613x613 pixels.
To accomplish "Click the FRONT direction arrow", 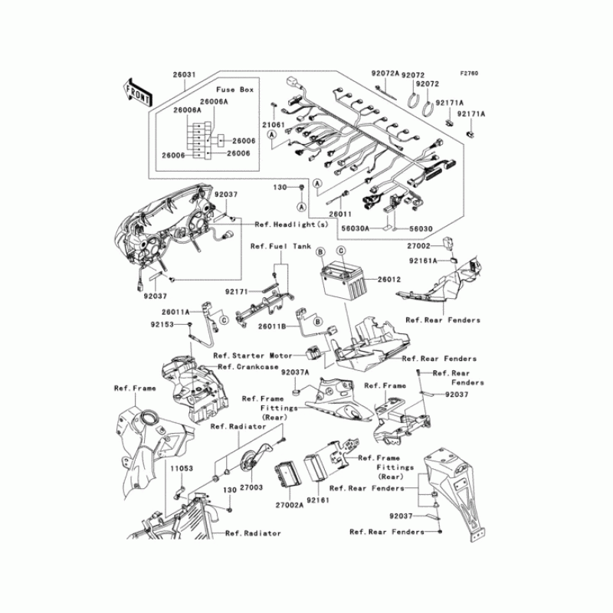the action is coord(138,93).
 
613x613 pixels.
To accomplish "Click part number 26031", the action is coord(184,74).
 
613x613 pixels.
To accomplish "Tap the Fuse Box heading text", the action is coord(235,90).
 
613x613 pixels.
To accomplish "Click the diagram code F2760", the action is coord(469,74).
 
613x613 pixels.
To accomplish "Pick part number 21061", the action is coord(274,125).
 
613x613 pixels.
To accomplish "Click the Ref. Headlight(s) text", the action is coord(292,225).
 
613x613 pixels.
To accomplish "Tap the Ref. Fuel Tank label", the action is coord(280,246).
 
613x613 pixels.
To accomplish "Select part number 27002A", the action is coord(290,505).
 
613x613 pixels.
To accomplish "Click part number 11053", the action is coord(182,468).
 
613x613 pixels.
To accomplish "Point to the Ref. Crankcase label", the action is coord(247,367).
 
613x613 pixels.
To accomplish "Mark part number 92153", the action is coord(162,324).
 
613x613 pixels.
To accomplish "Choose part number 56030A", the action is coord(355,228).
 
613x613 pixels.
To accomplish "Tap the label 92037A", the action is coord(295,372).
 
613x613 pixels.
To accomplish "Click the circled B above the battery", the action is coord(320,252).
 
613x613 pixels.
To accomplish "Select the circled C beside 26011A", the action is coord(224,320).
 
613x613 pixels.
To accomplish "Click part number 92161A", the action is coord(424,261).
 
